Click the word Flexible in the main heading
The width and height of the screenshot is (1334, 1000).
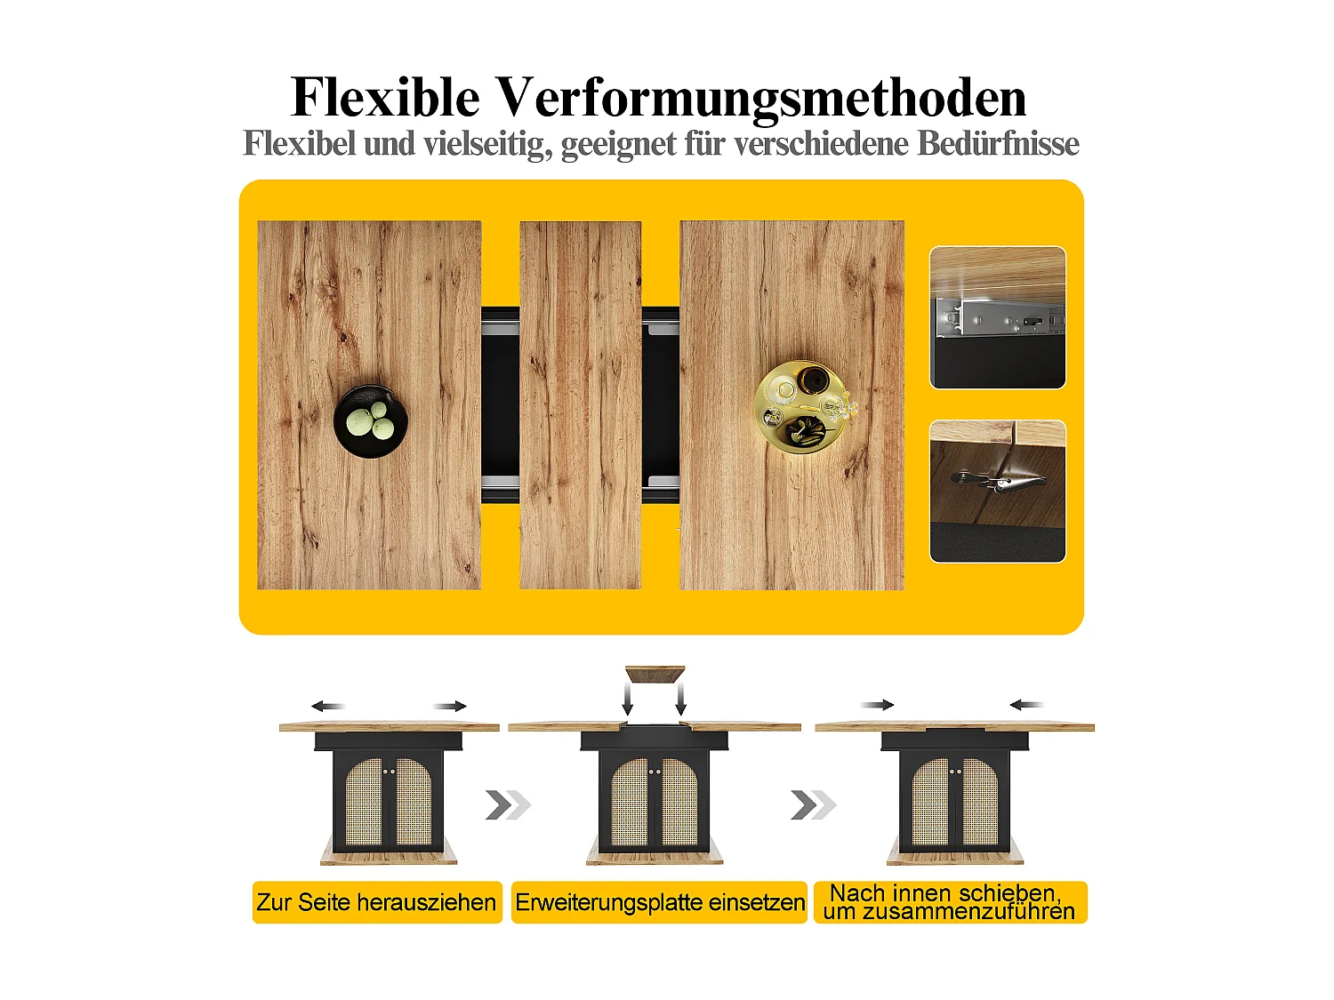(385, 97)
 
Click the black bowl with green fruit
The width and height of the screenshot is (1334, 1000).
(371, 421)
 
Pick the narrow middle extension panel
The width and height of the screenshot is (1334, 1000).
(580, 404)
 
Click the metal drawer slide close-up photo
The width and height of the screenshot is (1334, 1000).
(997, 317)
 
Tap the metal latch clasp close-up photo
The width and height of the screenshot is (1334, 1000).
(997, 491)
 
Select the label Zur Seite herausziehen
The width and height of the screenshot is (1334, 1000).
(376, 902)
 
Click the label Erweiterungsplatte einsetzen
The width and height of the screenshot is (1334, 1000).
(660, 902)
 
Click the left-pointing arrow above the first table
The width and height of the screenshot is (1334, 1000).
(327, 707)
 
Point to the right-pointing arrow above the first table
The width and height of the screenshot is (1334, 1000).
(450, 707)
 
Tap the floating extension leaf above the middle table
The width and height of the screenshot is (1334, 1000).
(655, 674)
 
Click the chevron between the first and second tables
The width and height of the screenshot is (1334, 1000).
(508, 805)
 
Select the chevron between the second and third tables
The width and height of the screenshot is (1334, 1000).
(813, 805)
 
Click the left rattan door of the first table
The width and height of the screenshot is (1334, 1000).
(364, 802)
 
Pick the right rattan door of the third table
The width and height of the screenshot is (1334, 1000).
(980, 802)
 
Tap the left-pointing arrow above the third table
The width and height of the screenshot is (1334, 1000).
(1025, 705)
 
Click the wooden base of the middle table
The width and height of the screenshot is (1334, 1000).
(655, 855)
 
